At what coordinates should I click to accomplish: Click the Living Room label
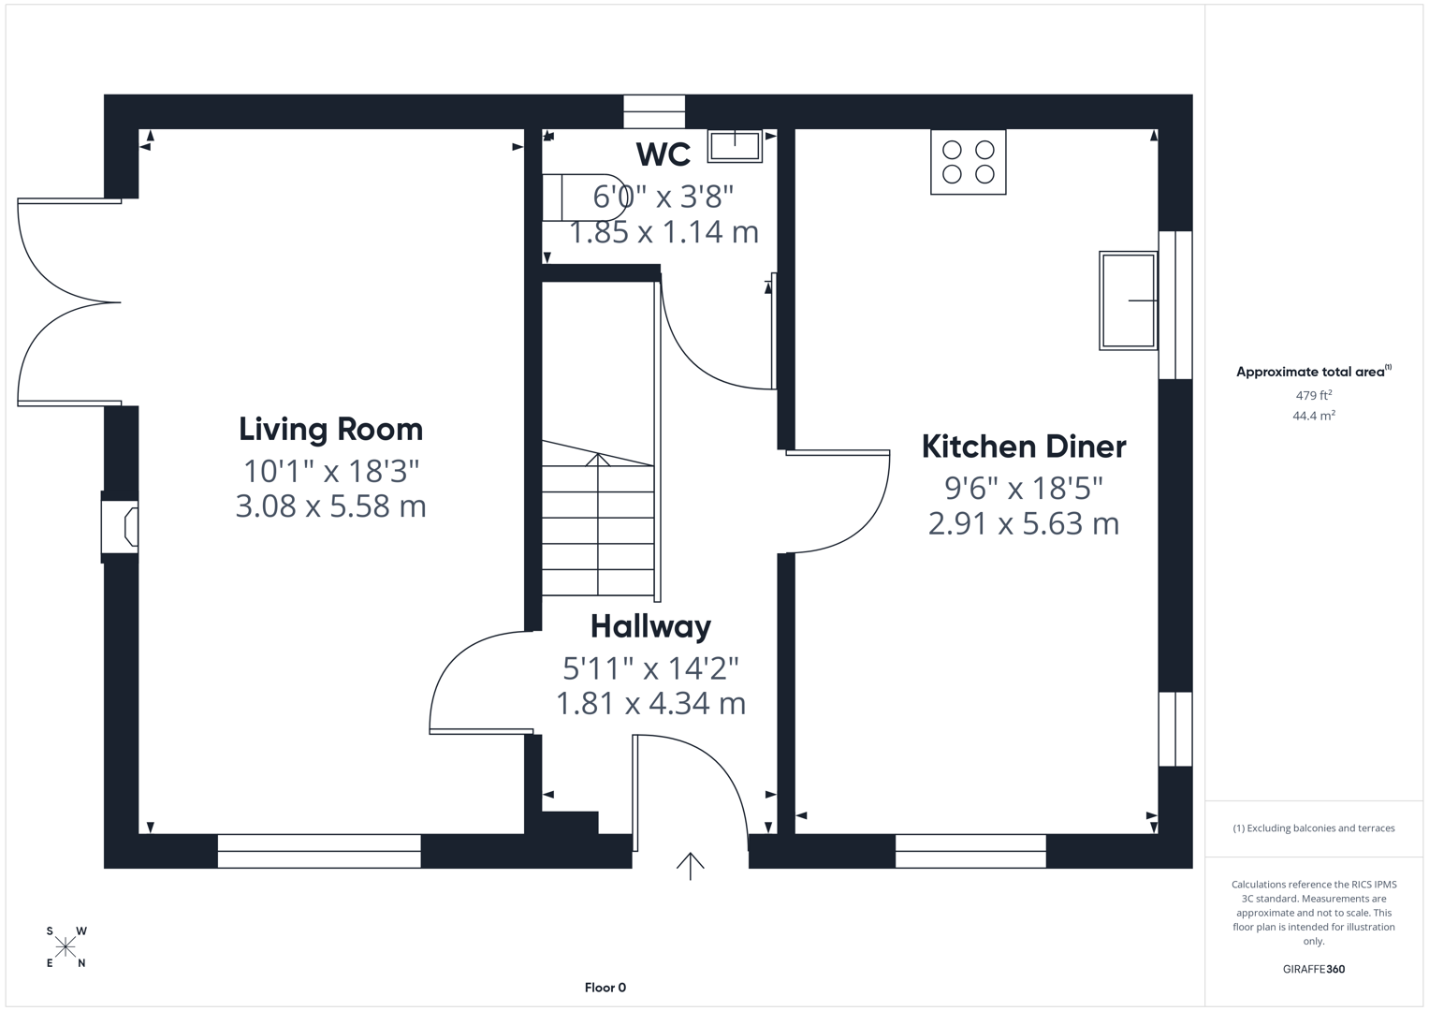click(x=330, y=429)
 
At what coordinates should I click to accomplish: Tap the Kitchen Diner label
click(x=1023, y=447)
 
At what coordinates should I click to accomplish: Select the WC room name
click(x=663, y=154)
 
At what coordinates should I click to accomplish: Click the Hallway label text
click(x=650, y=626)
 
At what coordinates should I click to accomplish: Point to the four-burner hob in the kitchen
click(x=968, y=162)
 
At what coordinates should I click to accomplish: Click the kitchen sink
click(x=1128, y=300)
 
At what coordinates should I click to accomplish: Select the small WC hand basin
click(x=735, y=146)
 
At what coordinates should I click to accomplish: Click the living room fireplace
click(x=122, y=526)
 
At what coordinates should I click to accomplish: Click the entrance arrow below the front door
click(x=690, y=866)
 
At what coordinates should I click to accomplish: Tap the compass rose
click(x=66, y=947)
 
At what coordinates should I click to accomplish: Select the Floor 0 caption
click(x=605, y=988)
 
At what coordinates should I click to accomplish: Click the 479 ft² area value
click(x=1313, y=395)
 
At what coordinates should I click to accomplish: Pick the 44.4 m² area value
click(x=1313, y=416)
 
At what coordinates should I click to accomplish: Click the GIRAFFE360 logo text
click(x=1313, y=969)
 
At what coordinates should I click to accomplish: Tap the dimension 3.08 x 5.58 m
click(x=330, y=506)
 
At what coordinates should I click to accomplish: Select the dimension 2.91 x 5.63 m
click(x=1023, y=523)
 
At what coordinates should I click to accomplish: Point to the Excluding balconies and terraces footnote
click(x=1313, y=828)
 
